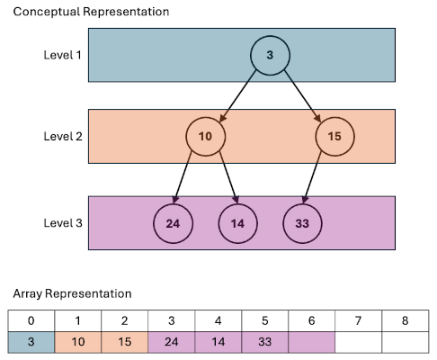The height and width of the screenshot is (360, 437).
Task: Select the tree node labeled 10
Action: [x=205, y=137]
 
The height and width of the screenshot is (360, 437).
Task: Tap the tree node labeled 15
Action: [x=334, y=137]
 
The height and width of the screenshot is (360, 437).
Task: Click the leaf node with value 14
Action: [x=237, y=221]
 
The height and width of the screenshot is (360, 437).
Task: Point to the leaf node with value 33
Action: [x=302, y=221]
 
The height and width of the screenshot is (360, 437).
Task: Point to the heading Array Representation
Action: [x=72, y=293]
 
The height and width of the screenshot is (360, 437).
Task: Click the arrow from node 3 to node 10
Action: [x=237, y=95]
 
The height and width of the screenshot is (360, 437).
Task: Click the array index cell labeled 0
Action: [x=31, y=320]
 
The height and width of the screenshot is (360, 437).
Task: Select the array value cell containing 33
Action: [x=263, y=342]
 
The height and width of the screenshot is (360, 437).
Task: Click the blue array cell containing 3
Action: [x=31, y=342]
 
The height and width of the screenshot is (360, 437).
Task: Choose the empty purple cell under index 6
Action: [x=310, y=342]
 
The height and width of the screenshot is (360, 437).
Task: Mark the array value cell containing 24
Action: [x=171, y=342]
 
